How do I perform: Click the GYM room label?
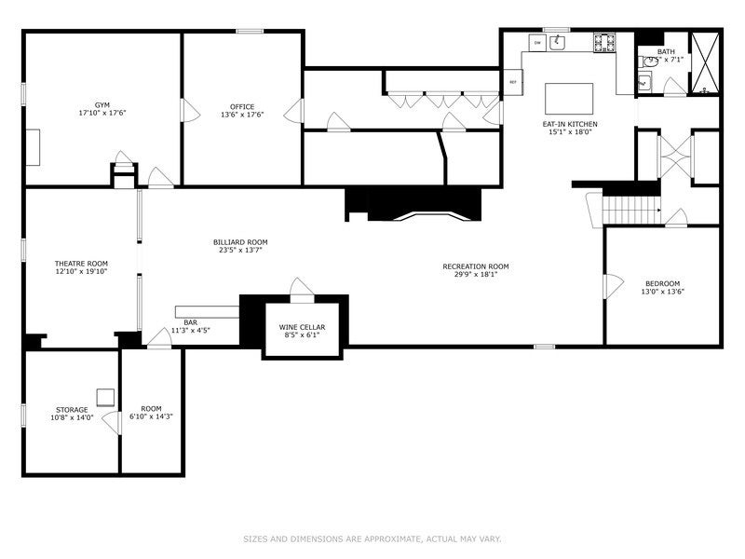coord(102,106)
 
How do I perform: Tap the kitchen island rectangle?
coord(570,98)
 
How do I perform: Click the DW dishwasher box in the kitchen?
coord(537,42)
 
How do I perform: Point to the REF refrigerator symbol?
coord(512,82)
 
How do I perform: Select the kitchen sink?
coord(559,42)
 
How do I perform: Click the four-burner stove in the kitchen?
coord(603,42)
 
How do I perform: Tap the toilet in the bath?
coord(644,61)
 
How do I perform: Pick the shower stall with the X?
coord(704,63)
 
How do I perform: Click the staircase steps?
coord(630,210)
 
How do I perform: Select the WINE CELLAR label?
coord(302,328)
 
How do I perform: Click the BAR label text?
coord(191,321)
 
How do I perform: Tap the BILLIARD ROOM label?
coord(240,242)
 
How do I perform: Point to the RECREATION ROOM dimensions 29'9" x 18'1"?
coord(476,274)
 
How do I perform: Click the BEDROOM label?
coord(663,284)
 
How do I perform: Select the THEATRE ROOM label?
coord(81,264)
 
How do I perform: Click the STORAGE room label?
coord(72,410)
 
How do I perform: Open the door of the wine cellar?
coord(301,289)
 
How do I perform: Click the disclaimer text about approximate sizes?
coord(372,539)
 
